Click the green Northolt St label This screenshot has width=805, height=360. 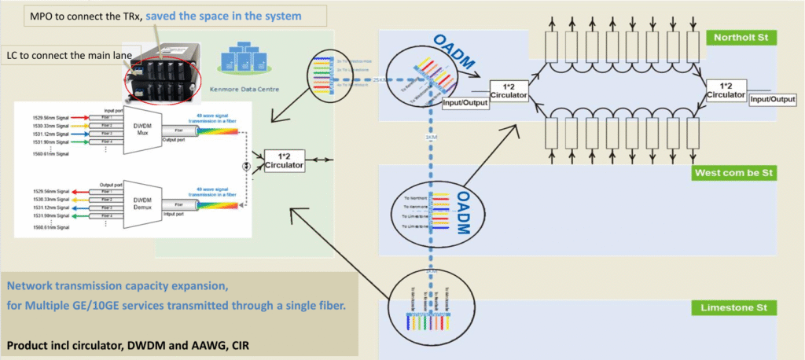(741, 38)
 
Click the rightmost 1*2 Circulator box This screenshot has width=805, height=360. (727, 90)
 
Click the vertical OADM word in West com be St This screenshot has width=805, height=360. (465, 213)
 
